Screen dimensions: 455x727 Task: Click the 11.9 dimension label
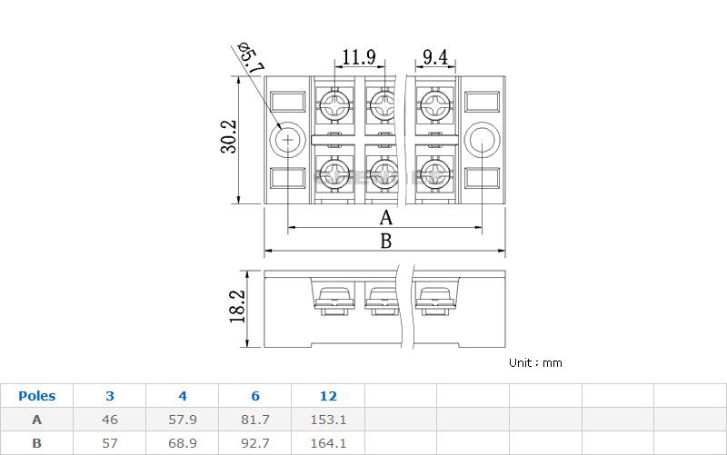click(358, 57)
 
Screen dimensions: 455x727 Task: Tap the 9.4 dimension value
click(435, 57)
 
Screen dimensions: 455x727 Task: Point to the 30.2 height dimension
click(228, 137)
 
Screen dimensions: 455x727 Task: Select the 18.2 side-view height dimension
click(237, 308)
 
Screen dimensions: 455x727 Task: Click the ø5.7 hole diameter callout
click(248, 55)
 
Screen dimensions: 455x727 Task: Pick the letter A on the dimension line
click(385, 218)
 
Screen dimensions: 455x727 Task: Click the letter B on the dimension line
click(385, 242)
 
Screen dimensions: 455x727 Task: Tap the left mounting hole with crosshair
click(288, 140)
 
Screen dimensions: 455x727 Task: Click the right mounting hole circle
click(481, 139)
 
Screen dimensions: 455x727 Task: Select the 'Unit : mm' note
click(535, 362)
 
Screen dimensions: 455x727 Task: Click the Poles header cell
click(36, 396)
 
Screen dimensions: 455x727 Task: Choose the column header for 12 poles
click(328, 396)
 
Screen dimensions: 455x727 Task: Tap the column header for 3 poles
click(110, 396)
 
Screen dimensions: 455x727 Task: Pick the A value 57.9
click(183, 420)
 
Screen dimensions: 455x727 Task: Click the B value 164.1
click(328, 443)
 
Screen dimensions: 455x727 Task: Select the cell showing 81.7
click(255, 420)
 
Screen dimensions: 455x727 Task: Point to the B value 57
click(110, 443)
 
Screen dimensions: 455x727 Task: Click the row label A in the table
click(36, 420)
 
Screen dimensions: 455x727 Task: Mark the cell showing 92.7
click(255, 443)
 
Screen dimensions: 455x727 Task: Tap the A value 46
click(110, 420)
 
